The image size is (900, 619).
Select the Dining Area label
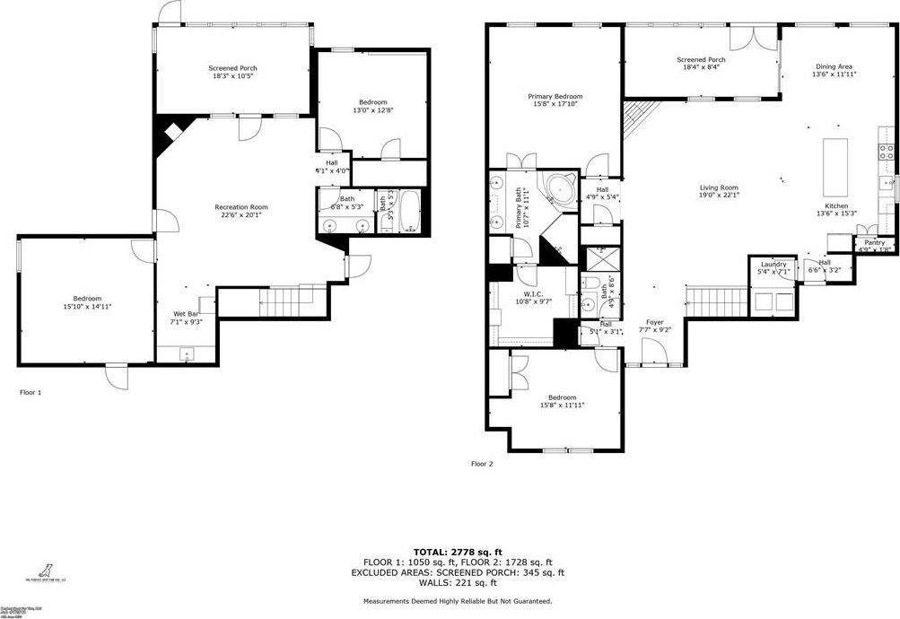pos(834,66)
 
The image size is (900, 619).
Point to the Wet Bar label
pos(186,314)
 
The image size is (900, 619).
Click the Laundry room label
pos(773,265)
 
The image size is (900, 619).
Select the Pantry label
pos(874,243)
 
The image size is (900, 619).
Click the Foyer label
pos(655,322)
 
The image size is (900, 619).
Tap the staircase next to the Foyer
pos(717,301)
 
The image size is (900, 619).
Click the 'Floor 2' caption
pos(482,464)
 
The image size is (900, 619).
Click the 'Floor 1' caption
pos(31,392)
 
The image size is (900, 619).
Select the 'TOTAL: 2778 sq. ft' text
pos(457,552)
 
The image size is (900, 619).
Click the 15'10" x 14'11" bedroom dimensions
pos(87,307)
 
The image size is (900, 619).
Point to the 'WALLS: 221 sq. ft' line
pos(457,582)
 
